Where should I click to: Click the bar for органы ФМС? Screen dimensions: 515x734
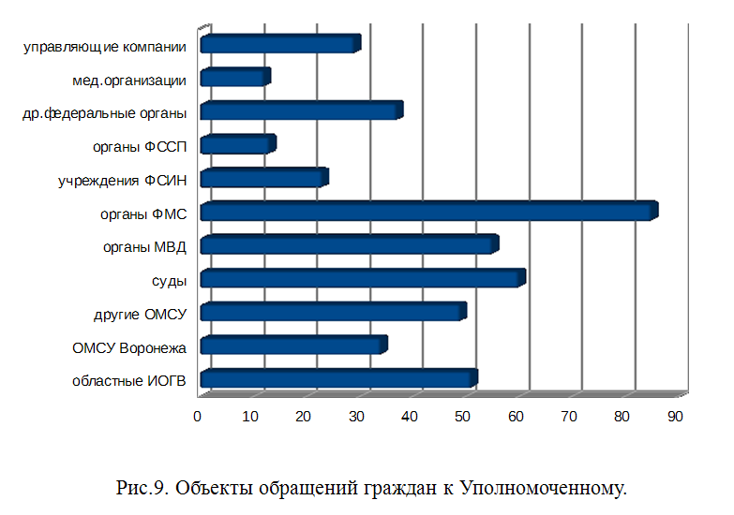click(x=427, y=213)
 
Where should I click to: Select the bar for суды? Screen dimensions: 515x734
click(x=361, y=279)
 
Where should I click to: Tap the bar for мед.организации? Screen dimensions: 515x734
click(x=234, y=79)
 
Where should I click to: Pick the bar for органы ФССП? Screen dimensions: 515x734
click(x=237, y=145)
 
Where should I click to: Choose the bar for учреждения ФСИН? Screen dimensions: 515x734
click(x=262, y=179)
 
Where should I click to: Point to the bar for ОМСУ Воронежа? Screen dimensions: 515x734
click(x=292, y=346)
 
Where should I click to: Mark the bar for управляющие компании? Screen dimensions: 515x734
click(x=279, y=45)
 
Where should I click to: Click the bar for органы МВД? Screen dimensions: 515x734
click(x=348, y=246)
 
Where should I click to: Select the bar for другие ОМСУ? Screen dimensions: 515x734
click(x=332, y=313)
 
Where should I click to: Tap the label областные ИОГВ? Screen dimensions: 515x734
click(x=129, y=380)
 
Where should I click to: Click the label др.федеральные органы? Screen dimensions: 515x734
click(x=104, y=113)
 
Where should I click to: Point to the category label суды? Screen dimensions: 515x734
click(x=169, y=280)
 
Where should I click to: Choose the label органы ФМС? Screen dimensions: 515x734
click(x=143, y=213)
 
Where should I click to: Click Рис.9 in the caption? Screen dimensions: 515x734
click(x=142, y=487)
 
